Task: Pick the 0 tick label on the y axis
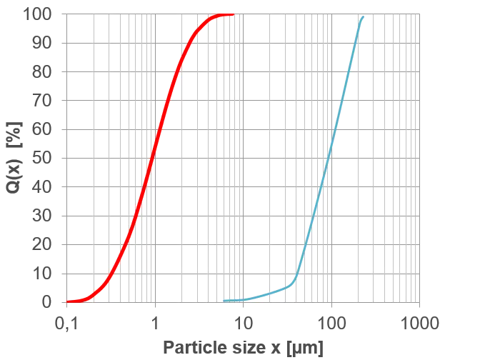click(x=44, y=301)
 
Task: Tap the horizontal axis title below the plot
click(x=243, y=348)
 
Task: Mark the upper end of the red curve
click(x=232, y=14)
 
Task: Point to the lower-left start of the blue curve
click(x=226, y=300)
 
